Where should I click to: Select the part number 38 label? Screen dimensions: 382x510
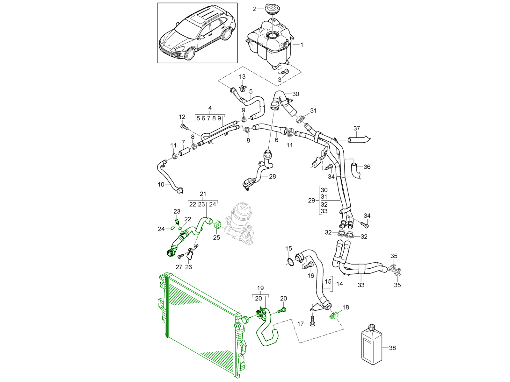(392, 348)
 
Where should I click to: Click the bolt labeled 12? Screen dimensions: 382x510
(183, 127)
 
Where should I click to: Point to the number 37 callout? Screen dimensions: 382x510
(357, 128)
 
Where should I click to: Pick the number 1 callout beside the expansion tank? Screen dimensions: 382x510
(302, 45)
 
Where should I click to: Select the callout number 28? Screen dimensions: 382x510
(272, 176)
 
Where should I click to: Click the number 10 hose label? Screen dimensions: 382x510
(161, 184)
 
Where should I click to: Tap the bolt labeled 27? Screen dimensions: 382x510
(180, 256)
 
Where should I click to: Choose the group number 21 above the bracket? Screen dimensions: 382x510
(203, 194)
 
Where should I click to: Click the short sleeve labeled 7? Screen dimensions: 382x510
(184, 152)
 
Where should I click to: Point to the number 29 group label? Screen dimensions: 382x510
(311, 200)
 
